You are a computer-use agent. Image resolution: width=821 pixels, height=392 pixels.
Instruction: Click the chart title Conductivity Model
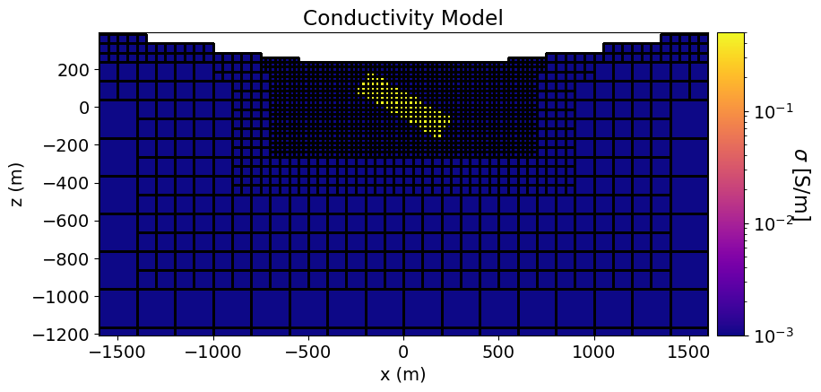402,17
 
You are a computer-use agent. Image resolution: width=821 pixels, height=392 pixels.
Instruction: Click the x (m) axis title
402,374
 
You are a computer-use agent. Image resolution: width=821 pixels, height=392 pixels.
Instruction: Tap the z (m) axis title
18,184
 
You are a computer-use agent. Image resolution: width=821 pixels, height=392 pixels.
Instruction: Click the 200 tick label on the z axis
76,69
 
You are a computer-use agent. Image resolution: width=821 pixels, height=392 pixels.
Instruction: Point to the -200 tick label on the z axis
70,145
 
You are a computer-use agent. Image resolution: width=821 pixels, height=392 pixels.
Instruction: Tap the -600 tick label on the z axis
70,221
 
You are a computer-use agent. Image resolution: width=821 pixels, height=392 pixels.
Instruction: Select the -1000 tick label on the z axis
65,296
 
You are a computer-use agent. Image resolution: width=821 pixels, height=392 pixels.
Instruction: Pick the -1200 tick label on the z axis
65,335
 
